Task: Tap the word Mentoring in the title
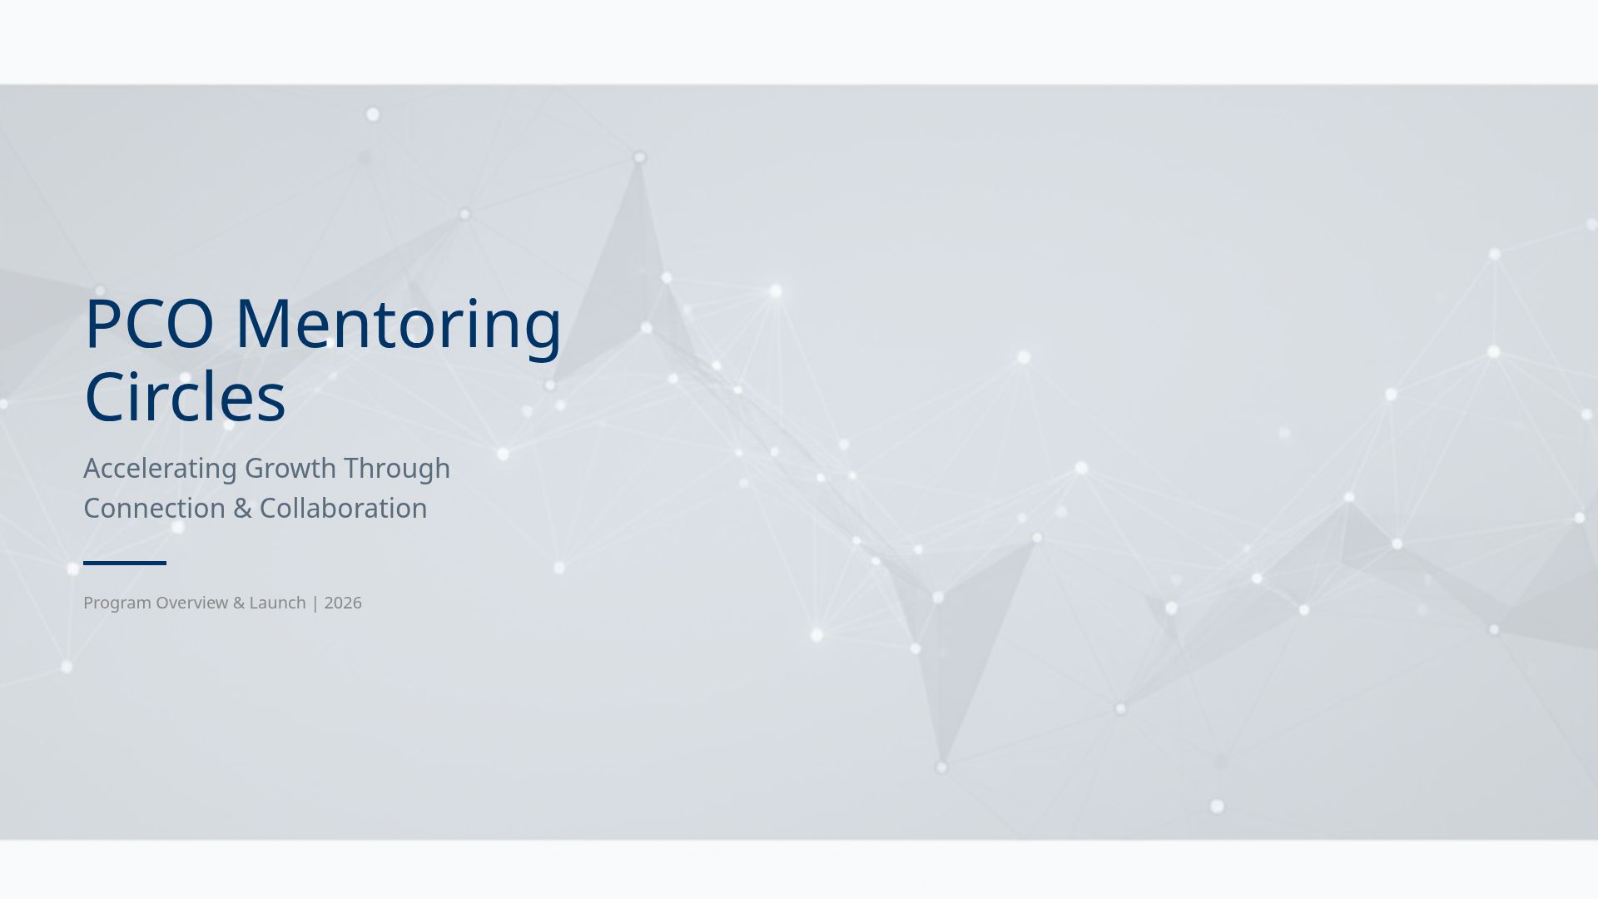pos(399,324)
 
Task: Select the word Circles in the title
pos(185,397)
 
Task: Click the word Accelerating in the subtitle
pos(160,469)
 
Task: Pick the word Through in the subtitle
pos(397,469)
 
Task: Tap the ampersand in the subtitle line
pos(242,509)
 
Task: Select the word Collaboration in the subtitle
pos(343,509)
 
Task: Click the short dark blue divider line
pos(125,564)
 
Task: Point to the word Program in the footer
pos(117,603)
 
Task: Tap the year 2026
pos(343,603)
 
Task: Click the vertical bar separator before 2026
pos(315,603)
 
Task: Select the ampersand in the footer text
pos(238,603)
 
